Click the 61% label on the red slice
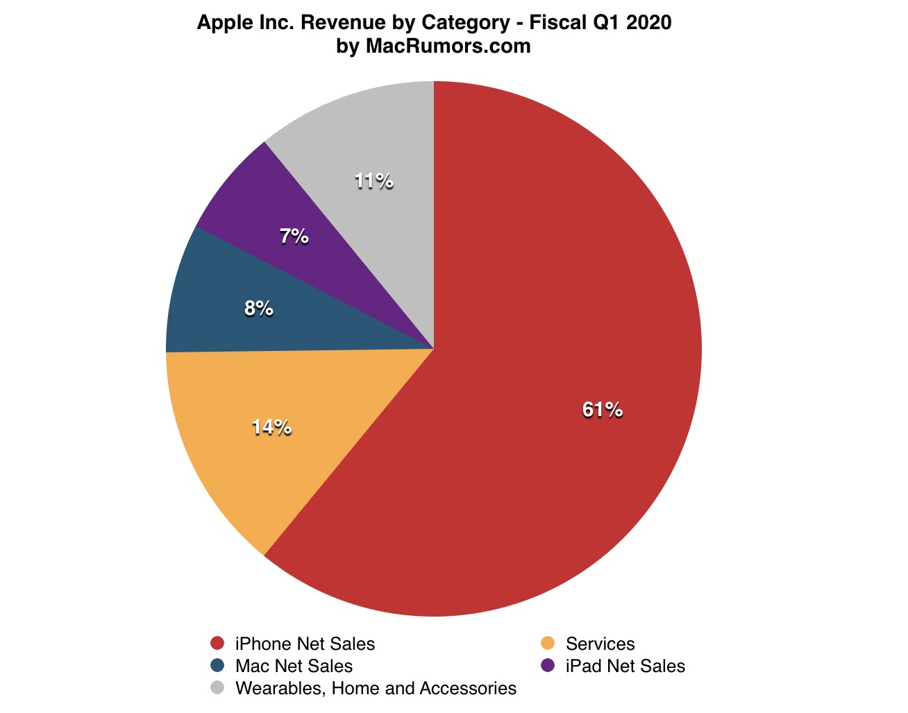[x=602, y=410]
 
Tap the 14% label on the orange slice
[x=271, y=427]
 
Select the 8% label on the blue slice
[x=258, y=309]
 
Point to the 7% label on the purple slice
[x=294, y=237]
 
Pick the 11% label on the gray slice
[x=373, y=182]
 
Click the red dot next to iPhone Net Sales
[x=217, y=644]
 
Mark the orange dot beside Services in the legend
[x=548, y=644]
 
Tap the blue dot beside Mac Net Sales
[x=217, y=666]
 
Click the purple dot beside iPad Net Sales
[x=548, y=666]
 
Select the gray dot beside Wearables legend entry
[x=217, y=688]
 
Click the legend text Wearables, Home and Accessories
[x=376, y=688]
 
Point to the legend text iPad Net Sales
[x=625, y=666]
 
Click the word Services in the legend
[x=600, y=644]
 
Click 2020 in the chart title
[x=649, y=22]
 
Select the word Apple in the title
[x=221, y=22]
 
